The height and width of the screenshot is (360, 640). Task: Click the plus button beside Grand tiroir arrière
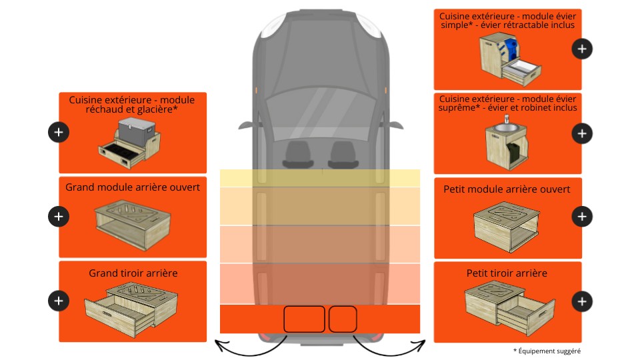click(59, 301)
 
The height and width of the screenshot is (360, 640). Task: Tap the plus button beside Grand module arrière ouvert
click(59, 216)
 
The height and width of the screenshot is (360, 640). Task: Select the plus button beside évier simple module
click(582, 49)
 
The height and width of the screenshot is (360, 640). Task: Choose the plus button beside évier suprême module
click(582, 133)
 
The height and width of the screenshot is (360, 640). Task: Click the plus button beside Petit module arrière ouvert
click(582, 216)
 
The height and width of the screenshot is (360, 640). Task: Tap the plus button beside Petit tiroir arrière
click(582, 301)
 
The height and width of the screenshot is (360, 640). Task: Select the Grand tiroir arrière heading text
click(133, 273)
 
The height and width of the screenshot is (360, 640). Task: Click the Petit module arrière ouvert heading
click(507, 189)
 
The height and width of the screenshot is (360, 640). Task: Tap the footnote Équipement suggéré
click(547, 351)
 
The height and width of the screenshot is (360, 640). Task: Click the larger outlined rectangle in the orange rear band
click(304, 319)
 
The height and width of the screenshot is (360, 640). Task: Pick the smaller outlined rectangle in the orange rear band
click(343, 319)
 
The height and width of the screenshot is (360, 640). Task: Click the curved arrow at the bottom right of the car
click(389, 347)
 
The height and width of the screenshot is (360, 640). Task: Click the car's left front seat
click(299, 155)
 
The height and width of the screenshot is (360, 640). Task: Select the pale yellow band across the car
click(320, 178)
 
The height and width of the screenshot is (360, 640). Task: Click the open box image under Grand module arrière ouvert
click(133, 225)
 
